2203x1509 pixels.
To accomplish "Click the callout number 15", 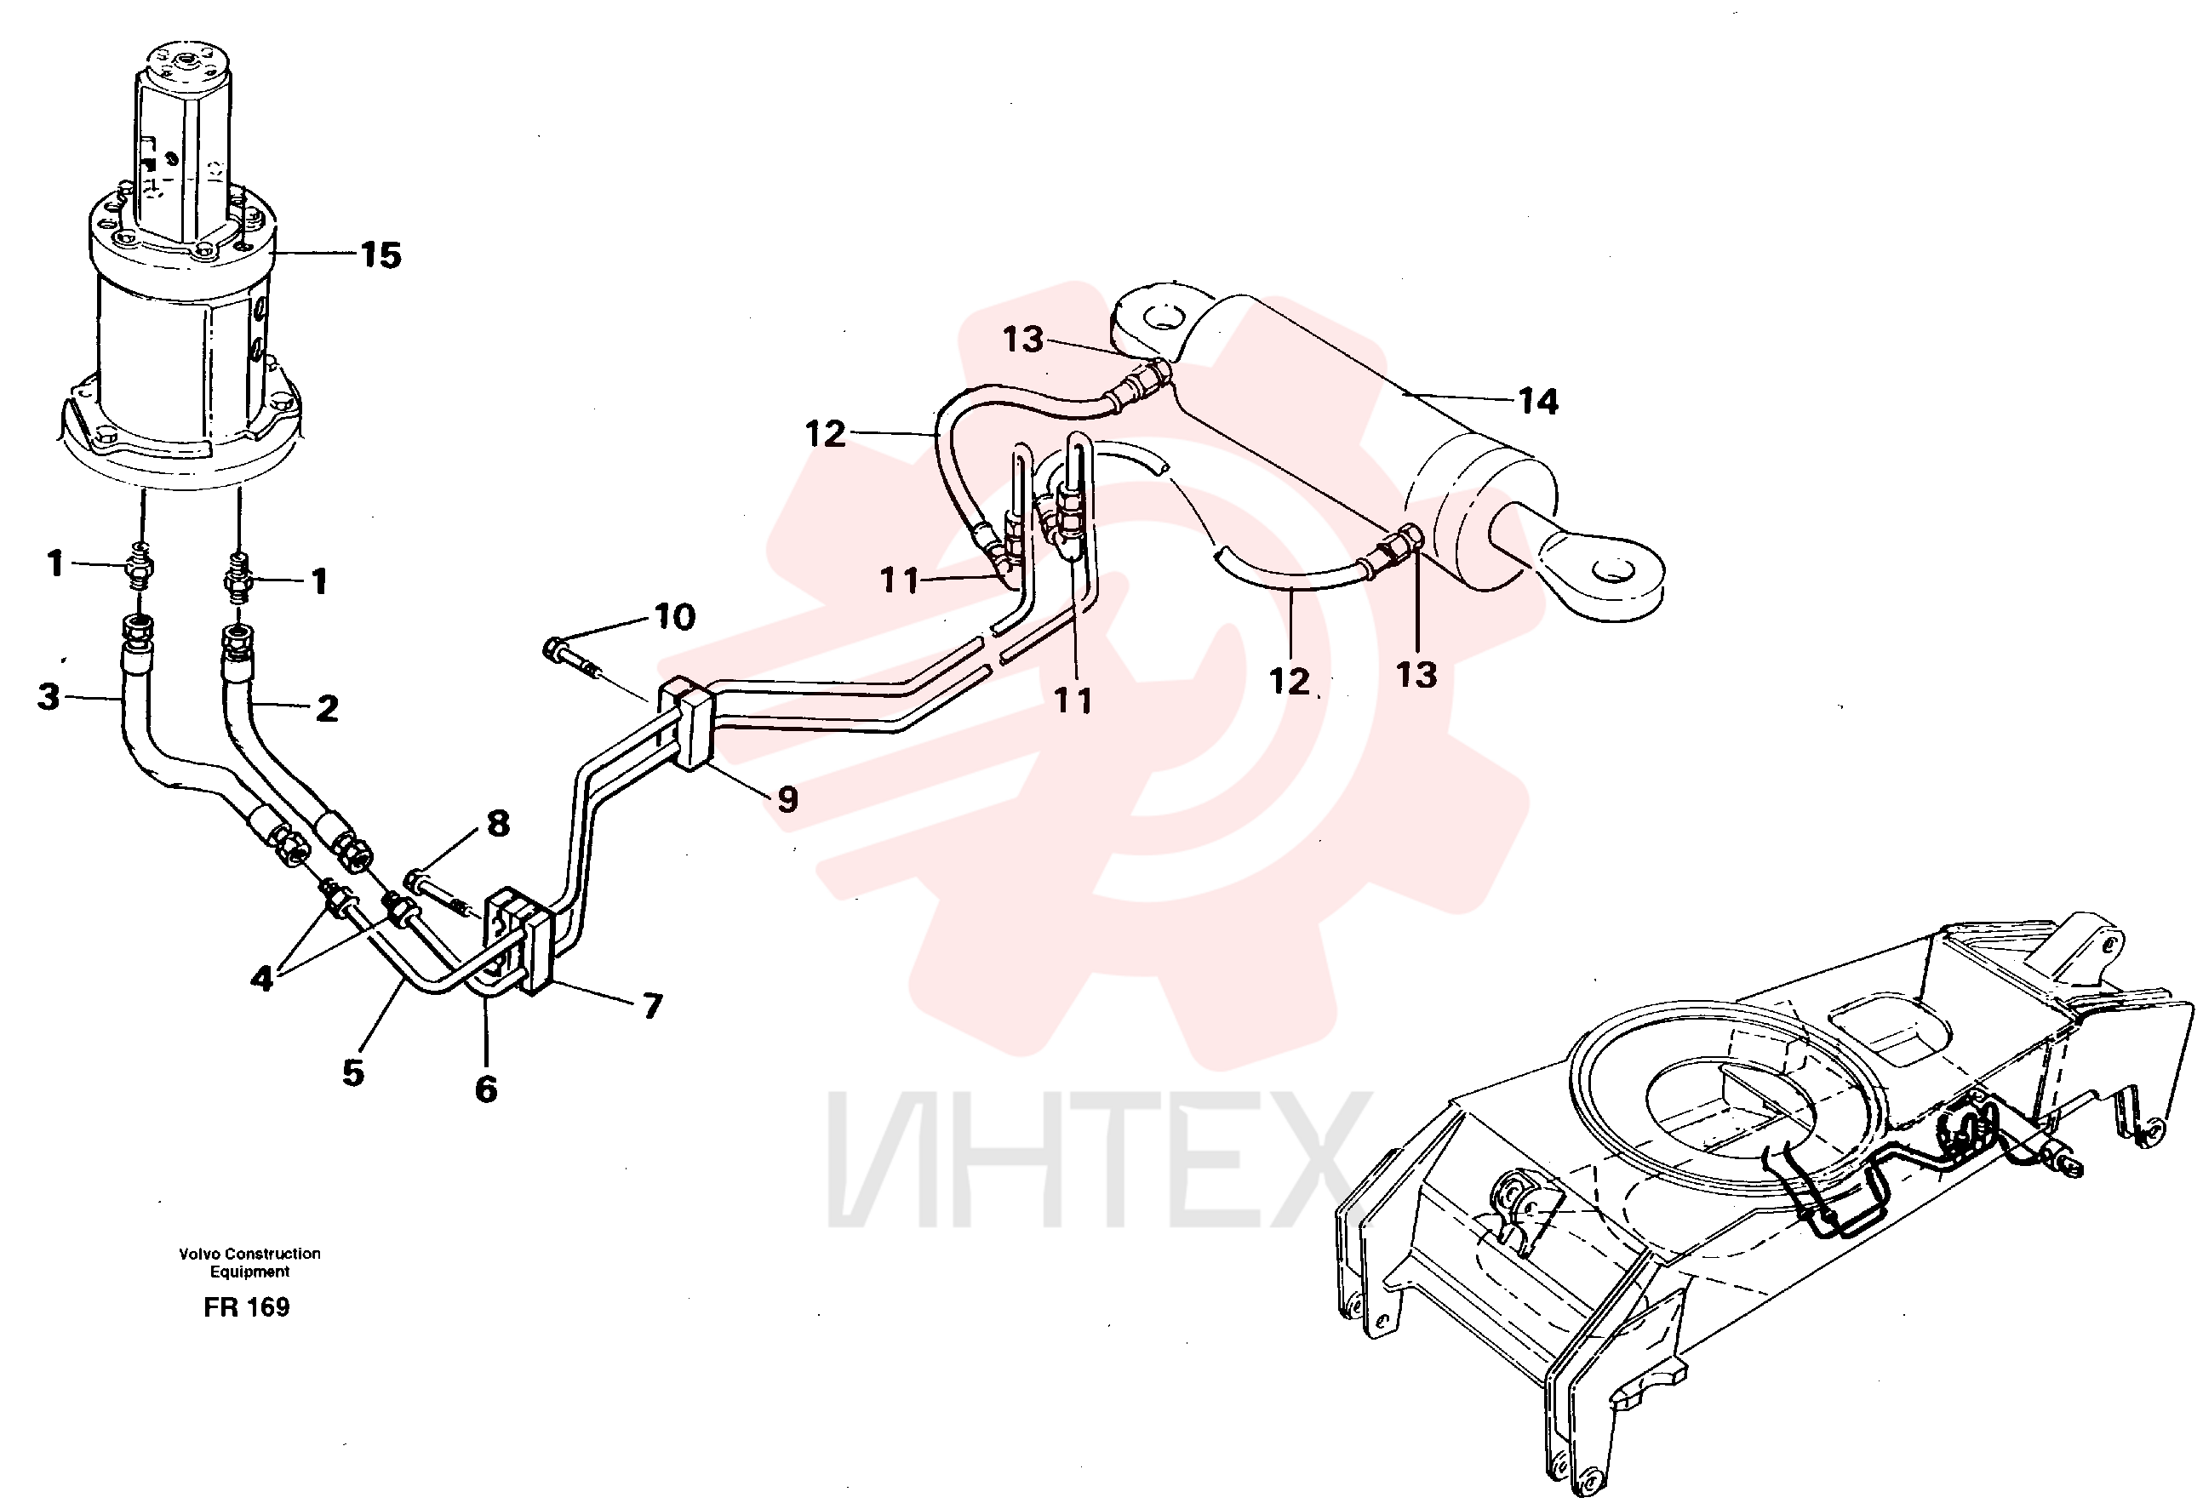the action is coord(381,255).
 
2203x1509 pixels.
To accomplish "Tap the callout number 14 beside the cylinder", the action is coord(1538,402).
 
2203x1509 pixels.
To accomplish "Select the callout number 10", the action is coord(675,617).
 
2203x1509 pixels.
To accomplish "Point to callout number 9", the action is coord(787,799).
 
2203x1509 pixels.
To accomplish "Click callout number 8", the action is coord(499,824).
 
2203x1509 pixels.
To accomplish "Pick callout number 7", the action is coord(652,1006).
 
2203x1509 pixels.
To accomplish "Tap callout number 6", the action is coord(486,1090).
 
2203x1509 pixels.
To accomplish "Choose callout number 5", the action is coord(353,1073).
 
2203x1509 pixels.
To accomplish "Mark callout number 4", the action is coord(261,977).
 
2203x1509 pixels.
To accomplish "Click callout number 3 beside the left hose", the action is coord(49,697).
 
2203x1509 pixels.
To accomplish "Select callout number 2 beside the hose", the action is coord(327,708).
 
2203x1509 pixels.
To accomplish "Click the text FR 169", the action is coord(247,1307).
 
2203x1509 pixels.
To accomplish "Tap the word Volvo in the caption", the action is coord(199,1253).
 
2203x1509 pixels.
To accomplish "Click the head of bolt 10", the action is coord(553,650).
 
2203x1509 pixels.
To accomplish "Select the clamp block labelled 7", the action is coord(519,940).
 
